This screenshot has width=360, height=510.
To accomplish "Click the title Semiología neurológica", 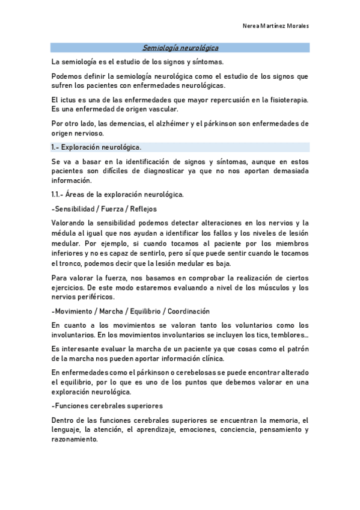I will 180,47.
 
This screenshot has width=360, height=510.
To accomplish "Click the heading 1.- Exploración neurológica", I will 96,147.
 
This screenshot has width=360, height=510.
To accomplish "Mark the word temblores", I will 286,334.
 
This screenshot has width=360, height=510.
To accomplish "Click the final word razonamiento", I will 75,439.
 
